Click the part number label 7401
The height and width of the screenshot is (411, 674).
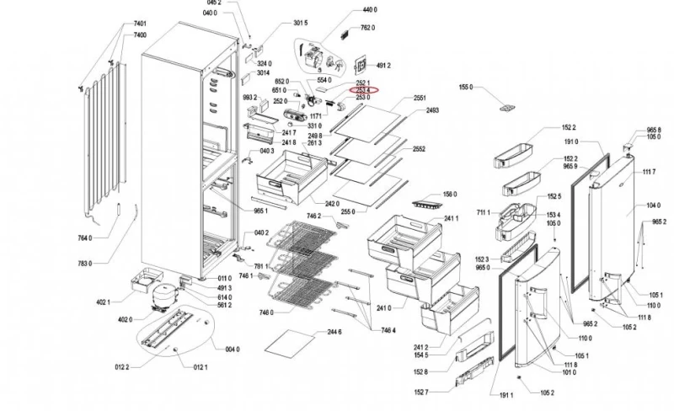(140, 23)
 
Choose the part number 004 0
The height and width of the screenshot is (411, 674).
(232, 350)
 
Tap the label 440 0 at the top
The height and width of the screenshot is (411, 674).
(369, 10)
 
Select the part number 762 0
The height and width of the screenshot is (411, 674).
(367, 28)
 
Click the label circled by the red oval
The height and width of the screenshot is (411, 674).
(363, 90)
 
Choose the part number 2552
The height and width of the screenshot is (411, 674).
(419, 149)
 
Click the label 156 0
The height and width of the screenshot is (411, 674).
(449, 194)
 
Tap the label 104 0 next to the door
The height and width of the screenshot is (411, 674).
(653, 205)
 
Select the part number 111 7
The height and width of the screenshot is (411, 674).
(649, 172)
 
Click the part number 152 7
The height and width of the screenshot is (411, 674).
(421, 392)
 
